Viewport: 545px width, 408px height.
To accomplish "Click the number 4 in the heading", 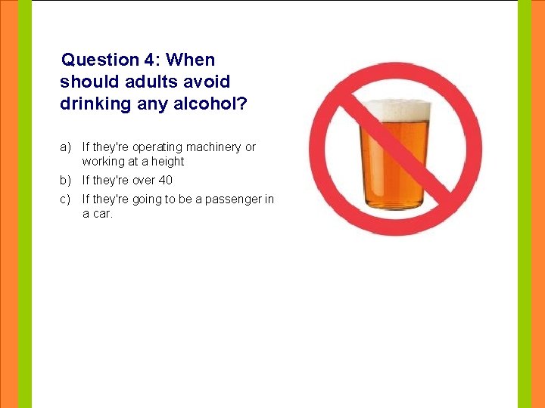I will click(150, 60).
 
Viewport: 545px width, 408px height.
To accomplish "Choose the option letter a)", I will click(66, 147).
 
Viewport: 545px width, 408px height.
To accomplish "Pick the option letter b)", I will click(66, 180).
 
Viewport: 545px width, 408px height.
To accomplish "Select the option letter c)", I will click(66, 199).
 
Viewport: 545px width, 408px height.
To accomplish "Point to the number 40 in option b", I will click(166, 180).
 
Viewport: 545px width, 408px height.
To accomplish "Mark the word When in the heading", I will click(191, 60).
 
